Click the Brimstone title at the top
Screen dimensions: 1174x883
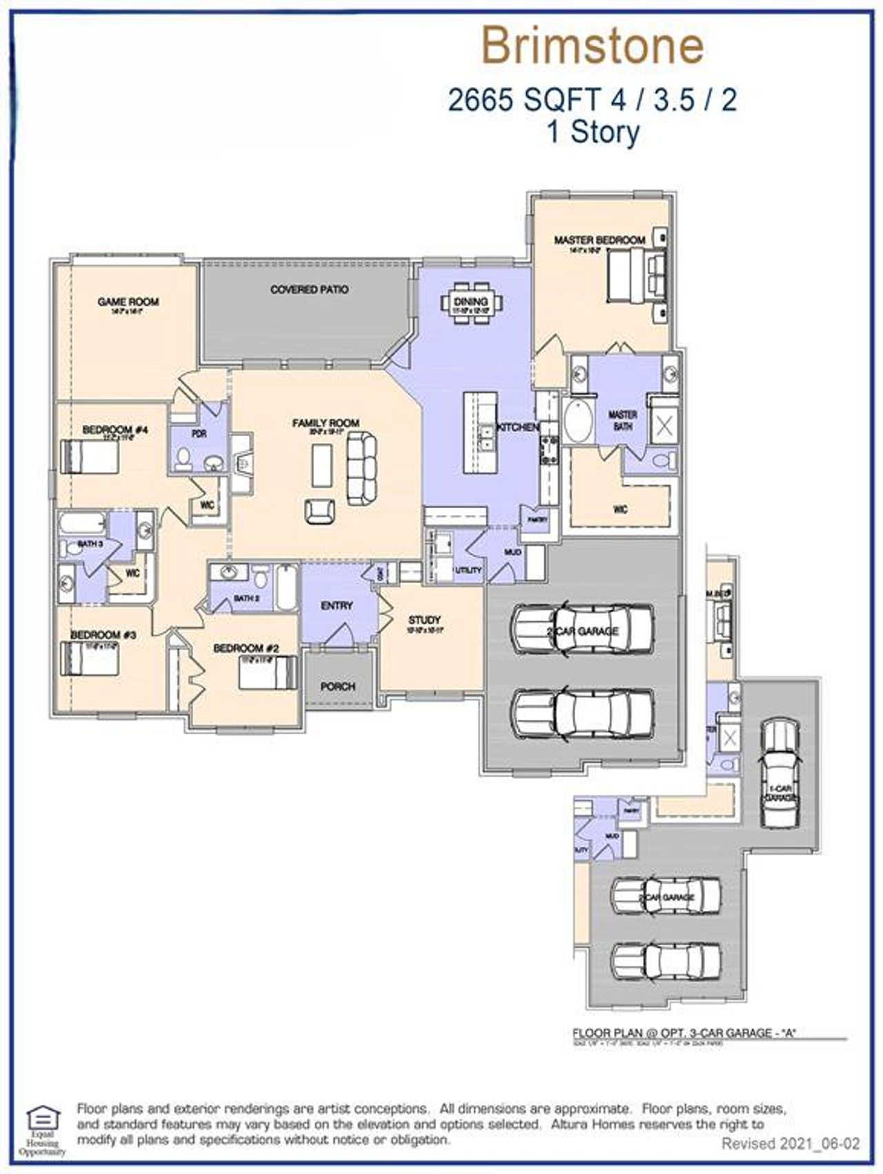(593, 46)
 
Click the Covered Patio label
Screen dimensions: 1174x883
(309, 290)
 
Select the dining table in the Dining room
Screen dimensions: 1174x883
(472, 302)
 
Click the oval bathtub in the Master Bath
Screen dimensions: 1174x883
(577, 422)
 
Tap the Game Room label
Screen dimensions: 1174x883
(128, 302)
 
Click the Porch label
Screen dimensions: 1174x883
(338, 686)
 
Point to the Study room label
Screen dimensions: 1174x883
(424, 620)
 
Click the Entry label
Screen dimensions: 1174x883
(337, 605)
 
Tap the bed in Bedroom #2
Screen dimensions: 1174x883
(268, 672)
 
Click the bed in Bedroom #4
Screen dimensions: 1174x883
(90, 457)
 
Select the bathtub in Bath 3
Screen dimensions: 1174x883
(82, 522)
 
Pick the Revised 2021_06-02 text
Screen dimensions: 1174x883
(791, 1144)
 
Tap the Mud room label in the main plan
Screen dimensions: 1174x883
(513, 551)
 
